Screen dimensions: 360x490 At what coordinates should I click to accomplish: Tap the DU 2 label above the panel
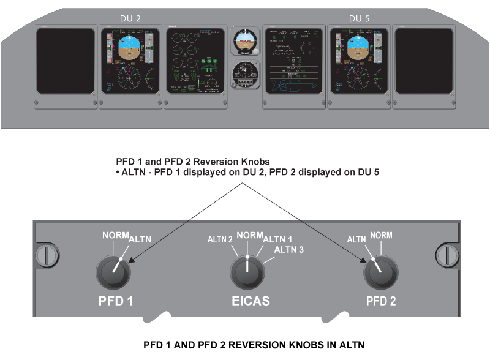[130, 18]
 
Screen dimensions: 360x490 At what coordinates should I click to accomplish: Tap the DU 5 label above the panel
[359, 18]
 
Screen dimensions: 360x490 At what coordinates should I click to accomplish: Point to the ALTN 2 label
[220, 239]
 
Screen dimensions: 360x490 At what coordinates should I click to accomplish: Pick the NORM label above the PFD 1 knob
[115, 235]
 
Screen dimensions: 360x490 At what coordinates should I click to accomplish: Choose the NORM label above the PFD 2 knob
[382, 235]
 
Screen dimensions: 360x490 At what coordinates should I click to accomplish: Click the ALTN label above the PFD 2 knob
[357, 240]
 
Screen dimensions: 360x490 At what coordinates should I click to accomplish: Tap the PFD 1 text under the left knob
[116, 301]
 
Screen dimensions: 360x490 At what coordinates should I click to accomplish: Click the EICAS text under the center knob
[248, 301]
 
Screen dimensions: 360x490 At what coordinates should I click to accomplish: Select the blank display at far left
[64, 60]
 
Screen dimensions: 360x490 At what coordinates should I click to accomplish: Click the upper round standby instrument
[245, 42]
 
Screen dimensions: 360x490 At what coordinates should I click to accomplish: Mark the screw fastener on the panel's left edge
[47, 253]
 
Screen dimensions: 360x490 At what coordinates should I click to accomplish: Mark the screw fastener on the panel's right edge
[445, 253]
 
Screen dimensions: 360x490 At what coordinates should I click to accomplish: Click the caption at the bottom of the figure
[254, 345]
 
